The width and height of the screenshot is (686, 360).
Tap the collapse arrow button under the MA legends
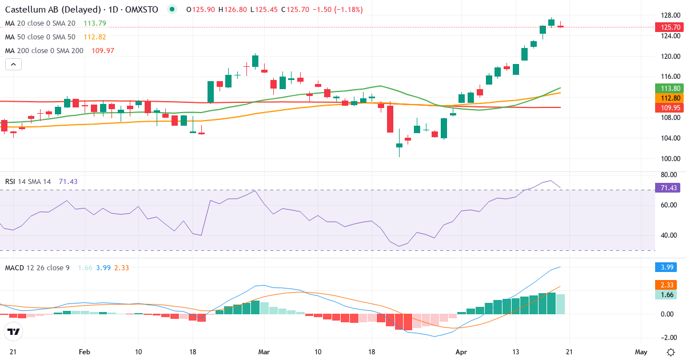13,65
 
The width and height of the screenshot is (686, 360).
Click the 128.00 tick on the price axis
669,16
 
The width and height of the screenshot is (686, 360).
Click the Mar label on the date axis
264,352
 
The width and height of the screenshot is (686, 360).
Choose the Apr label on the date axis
461,352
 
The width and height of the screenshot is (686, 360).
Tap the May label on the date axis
641,352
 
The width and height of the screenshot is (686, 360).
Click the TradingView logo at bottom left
14,331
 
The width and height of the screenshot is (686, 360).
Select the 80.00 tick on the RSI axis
669,175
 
